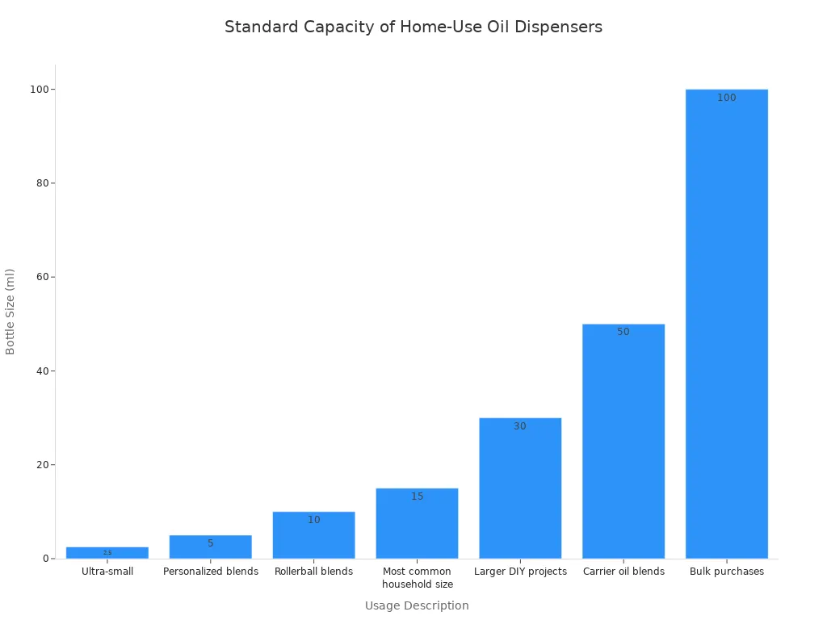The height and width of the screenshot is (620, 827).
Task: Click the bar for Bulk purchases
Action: click(x=726, y=323)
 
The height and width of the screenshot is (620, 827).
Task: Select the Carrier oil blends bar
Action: click(x=623, y=441)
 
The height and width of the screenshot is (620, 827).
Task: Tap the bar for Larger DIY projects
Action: click(x=519, y=488)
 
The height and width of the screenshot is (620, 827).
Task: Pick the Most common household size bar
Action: click(x=417, y=523)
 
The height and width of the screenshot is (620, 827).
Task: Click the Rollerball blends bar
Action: click(x=313, y=534)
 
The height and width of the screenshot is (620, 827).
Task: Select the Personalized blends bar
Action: click(x=210, y=547)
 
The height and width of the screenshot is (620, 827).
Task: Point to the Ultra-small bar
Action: click(x=107, y=553)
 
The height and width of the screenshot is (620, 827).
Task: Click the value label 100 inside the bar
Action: click(x=726, y=98)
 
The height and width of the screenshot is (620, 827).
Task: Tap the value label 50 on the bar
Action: click(x=623, y=332)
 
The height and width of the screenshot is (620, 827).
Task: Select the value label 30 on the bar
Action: click(x=519, y=426)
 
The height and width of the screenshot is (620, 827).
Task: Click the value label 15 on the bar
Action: click(x=417, y=496)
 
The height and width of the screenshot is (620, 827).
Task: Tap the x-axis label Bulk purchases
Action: click(x=726, y=572)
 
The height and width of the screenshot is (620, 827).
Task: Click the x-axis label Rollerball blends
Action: click(x=313, y=572)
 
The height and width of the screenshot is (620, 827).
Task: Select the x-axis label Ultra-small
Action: click(x=107, y=572)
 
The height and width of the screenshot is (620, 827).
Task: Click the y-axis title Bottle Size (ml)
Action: click(x=10, y=312)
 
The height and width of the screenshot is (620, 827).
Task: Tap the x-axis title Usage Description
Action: click(x=417, y=605)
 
